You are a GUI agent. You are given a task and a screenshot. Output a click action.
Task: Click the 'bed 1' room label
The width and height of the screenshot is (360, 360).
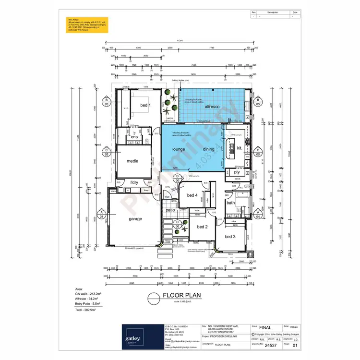click(x=145, y=105)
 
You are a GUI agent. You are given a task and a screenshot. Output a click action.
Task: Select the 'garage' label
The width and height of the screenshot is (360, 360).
click(x=135, y=218)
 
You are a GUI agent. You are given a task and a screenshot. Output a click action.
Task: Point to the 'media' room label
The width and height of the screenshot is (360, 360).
click(x=132, y=161)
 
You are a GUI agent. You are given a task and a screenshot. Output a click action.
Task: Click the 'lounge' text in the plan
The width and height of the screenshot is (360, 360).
click(x=179, y=149)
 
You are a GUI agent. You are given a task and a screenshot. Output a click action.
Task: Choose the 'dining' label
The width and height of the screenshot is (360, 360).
click(x=208, y=149)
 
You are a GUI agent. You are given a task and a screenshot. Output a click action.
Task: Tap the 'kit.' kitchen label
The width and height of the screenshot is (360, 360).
click(x=240, y=148)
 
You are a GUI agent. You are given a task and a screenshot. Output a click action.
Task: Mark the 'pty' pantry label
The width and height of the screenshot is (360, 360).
click(x=237, y=172)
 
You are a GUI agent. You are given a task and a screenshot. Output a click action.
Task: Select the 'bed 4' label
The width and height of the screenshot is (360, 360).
click(x=192, y=195)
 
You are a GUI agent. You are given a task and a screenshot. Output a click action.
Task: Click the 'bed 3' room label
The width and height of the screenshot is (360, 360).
click(x=230, y=237)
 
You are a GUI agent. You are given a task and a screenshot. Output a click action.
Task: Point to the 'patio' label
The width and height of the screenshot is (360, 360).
click(x=170, y=210)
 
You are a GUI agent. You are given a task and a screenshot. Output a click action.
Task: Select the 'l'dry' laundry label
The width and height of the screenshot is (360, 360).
click(x=134, y=182)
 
